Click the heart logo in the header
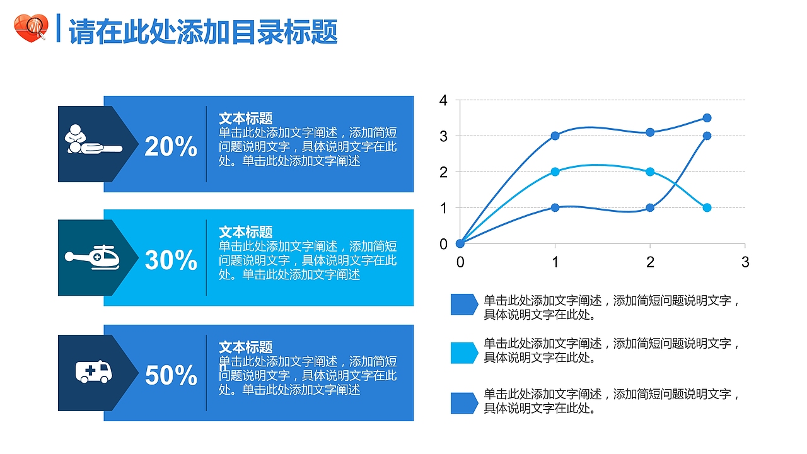30,29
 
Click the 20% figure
171,146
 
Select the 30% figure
171,260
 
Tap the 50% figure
171,375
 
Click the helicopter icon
93,257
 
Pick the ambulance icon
94,371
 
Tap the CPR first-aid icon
92,141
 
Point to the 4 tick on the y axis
443,100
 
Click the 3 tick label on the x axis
745,262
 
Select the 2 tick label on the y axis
443,172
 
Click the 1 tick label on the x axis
555,262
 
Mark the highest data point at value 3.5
707,118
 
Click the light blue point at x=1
555,172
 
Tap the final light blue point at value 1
707,207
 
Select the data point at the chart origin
460,243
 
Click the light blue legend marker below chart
464,353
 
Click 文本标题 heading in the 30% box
245,232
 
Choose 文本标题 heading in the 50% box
245,347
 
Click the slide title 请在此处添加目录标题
203,32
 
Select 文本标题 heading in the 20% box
245,118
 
